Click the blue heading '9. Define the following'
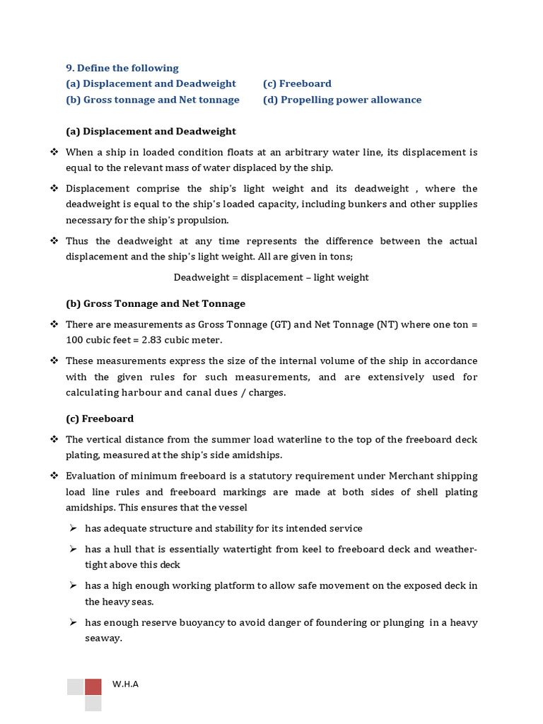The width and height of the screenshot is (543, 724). click(x=122, y=68)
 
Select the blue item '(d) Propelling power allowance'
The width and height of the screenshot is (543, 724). click(x=342, y=100)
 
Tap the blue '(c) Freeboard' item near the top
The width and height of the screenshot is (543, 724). click(x=297, y=83)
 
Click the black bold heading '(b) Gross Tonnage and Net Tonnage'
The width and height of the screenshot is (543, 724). click(x=156, y=303)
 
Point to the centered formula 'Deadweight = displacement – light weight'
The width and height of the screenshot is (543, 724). click(x=271, y=277)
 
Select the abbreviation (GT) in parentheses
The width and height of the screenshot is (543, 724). click(x=279, y=325)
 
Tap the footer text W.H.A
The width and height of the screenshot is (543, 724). click(x=125, y=684)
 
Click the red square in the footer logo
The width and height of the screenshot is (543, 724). click(x=93, y=687)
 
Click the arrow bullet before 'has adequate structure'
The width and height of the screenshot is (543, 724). click(x=73, y=528)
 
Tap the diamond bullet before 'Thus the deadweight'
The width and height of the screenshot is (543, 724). click(x=54, y=241)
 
